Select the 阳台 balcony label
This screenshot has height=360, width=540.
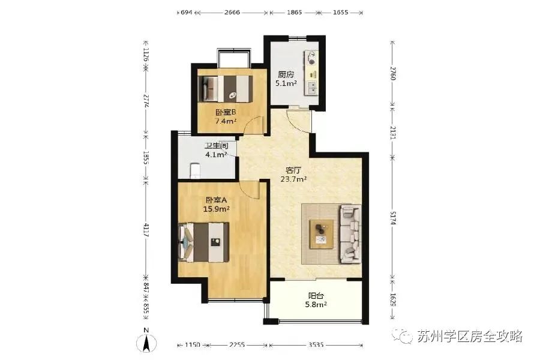(316, 296)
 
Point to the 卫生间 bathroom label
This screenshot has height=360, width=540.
(216, 146)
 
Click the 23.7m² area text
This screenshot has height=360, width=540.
(293, 179)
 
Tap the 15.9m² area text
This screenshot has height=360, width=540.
(217, 209)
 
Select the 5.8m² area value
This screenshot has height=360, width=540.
(317, 305)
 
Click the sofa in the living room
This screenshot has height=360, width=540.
(350, 233)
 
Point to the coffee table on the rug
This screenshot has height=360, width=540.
(322, 233)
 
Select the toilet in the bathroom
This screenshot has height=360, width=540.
(194, 171)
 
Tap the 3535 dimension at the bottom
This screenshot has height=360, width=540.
(316, 345)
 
